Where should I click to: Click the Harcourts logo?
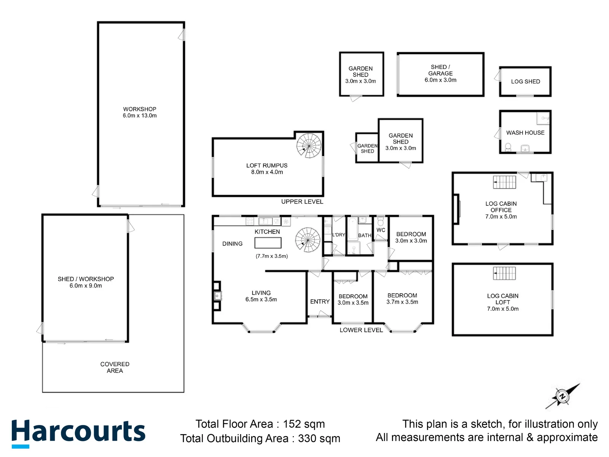tap(78, 433)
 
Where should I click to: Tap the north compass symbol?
tap(563, 396)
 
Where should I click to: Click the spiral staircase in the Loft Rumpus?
tap(309, 146)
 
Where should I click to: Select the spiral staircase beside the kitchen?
tap(308, 240)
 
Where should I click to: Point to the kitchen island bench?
tap(268, 243)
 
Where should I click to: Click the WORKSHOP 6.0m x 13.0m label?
tap(140, 112)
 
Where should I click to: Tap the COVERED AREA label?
tap(115, 367)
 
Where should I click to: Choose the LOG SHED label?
tap(525, 81)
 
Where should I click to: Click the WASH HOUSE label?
tap(525, 133)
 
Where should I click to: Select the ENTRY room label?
tap(320, 302)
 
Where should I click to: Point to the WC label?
tap(381, 230)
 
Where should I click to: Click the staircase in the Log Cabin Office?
tap(504, 182)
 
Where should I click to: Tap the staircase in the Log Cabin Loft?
tap(504, 273)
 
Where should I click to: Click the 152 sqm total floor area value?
tap(304, 424)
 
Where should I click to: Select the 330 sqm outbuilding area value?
tap(319, 438)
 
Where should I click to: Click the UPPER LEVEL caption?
tap(302, 202)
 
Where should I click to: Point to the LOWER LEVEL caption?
tap(361, 330)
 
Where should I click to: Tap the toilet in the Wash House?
tap(508, 147)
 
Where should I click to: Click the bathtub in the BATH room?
tap(352, 228)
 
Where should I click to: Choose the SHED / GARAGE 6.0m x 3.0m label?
tap(440, 74)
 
